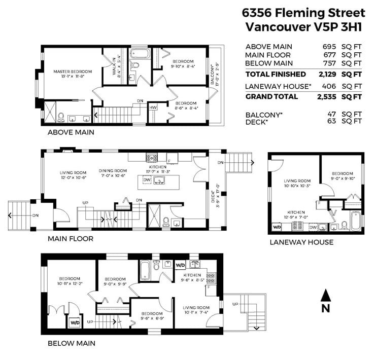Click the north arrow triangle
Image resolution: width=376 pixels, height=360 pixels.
(326, 295)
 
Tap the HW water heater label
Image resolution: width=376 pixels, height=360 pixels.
(153, 107)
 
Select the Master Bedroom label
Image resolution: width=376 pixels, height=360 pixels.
(73, 71)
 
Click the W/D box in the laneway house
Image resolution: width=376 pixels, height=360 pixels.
(277, 227)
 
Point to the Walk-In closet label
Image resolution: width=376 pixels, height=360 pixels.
(114, 66)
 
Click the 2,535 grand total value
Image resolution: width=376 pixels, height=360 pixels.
(326, 97)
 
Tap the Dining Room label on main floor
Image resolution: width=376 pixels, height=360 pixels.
(113, 171)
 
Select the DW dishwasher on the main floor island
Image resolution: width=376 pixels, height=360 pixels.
(147, 180)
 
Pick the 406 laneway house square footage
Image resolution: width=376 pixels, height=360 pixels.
(329, 86)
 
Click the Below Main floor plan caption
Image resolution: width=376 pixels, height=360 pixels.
(72, 343)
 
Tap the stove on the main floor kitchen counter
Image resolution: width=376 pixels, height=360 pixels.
(152, 158)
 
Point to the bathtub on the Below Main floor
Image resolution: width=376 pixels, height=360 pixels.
(145, 270)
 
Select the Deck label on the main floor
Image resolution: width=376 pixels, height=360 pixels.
(213, 197)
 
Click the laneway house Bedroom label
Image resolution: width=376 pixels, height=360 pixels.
(343, 173)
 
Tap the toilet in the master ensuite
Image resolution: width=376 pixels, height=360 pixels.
(61, 117)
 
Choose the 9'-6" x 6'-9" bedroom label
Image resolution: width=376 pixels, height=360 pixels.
(152, 316)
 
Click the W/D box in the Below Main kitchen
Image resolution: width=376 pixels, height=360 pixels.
(180, 265)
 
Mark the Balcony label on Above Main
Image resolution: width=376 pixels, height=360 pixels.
(212, 75)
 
